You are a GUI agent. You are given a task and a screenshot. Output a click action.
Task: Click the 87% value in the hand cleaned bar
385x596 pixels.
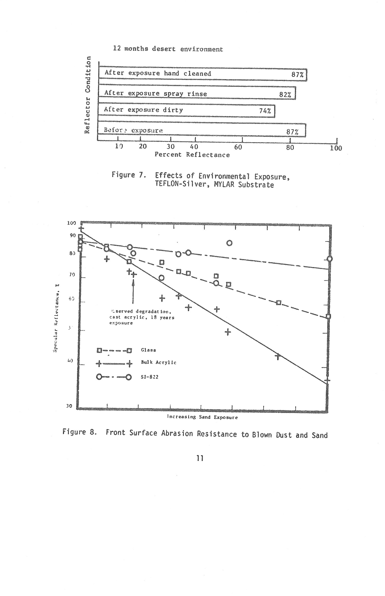(x=297, y=75)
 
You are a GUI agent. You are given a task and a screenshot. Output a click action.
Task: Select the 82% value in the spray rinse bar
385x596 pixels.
(x=285, y=95)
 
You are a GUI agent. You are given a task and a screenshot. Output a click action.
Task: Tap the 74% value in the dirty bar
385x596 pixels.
(x=265, y=111)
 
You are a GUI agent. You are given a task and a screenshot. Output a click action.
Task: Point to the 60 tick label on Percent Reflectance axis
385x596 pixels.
(x=238, y=147)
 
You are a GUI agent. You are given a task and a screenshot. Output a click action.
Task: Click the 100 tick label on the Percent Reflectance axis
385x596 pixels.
(x=336, y=148)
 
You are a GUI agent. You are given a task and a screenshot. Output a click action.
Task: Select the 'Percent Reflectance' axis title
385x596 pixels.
(x=192, y=154)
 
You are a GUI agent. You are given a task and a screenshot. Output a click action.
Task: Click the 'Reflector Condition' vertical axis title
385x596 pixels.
(x=88, y=95)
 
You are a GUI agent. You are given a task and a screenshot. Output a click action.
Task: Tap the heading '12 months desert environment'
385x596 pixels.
(x=168, y=49)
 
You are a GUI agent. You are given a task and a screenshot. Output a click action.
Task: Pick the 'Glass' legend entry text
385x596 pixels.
(x=149, y=350)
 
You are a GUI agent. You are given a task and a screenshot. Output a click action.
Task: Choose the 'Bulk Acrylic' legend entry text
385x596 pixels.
(x=159, y=362)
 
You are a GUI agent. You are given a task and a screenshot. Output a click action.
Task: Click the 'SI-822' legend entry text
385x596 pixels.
(x=150, y=377)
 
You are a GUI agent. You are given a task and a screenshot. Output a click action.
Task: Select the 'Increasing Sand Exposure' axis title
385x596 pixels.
(x=202, y=417)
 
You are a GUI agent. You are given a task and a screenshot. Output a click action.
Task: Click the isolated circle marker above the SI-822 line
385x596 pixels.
(x=229, y=243)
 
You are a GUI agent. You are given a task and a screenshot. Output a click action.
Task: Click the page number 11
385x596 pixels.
(x=199, y=458)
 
